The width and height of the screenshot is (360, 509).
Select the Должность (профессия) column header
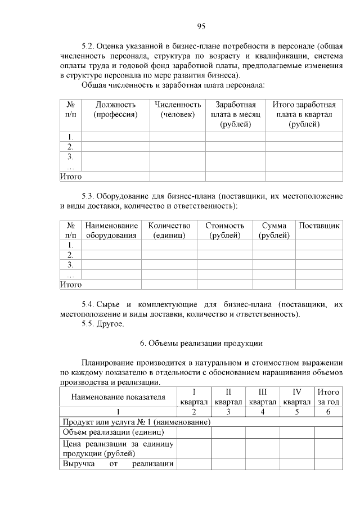pos(115,110)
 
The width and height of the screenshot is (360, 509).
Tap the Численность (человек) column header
pos(178,110)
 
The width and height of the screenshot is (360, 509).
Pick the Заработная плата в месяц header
pos(236,114)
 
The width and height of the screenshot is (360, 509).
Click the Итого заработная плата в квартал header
pos(304,114)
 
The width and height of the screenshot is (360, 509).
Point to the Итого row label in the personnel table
pos(71,177)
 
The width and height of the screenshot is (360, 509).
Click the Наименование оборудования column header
pos(111,231)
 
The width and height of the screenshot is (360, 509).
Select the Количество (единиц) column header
pos(169,231)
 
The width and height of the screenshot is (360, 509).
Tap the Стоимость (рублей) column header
pos(224,231)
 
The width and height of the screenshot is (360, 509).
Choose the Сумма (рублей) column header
pos(274,231)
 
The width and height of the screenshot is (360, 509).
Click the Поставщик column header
pos(319,226)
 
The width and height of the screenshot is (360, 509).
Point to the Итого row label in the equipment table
pos(71,285)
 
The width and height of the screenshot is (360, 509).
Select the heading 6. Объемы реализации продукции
pos(201,343)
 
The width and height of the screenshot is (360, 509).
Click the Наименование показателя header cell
pos(118,397)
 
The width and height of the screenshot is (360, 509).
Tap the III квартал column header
pos(262,397)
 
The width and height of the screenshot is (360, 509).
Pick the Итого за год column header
pos(328,397)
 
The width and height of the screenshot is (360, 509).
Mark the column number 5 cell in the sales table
pos(297,412)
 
